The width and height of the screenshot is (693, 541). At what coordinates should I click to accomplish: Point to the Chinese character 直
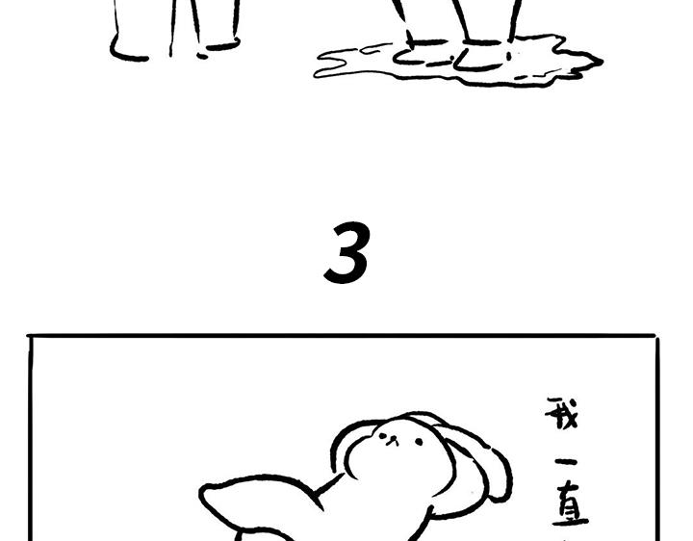click(x=570, y=508)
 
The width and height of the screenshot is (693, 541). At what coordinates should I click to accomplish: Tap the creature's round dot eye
click(x=419, y=442)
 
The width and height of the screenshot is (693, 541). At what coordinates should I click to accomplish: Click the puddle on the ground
click(x=539, y=64)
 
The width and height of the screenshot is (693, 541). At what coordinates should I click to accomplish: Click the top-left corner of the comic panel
click(x=31, y=337)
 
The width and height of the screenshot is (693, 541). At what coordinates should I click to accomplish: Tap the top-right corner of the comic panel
click(x=655, y=337)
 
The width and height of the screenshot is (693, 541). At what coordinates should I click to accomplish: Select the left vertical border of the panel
click(x=31, y=443)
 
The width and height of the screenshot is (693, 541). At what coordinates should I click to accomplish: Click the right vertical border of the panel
click(x=655, y=443)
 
